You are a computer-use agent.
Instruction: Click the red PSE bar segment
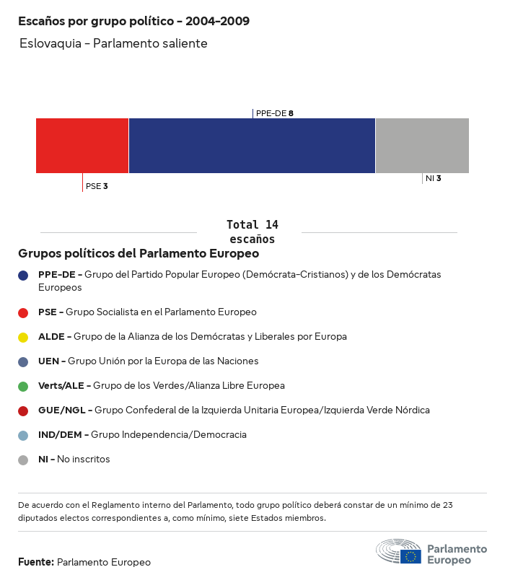tap(82, 146)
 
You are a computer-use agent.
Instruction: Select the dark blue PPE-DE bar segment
tap(252, 146)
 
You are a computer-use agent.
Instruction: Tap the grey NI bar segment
tap(422, 146)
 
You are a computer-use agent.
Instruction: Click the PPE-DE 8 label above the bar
tap(274, 113)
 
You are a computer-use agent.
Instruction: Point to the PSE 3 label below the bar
tap(97, 186)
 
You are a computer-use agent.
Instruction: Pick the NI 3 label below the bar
tap(433, 178)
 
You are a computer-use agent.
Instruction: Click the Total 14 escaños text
tap(252, 232)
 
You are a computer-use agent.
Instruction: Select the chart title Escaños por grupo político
tap(134, 22)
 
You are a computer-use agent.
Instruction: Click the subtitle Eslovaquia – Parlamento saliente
tap(114, 44)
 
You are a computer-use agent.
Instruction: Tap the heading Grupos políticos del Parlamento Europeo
tap(139, 254)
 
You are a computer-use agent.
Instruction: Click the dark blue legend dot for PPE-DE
tap(23, 275)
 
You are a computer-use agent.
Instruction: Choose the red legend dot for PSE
tap(23, 312)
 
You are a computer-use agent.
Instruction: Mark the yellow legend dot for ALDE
tap(23, 337)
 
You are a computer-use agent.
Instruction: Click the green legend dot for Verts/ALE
tap(23, 386)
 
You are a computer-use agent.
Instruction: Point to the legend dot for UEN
tap(23, 361)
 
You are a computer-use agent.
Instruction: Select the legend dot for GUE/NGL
tap(23, 410)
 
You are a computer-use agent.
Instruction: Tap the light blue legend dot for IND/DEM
tap(23, 435)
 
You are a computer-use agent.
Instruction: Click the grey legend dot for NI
tap(23, 460)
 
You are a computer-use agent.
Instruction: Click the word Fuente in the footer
tap(35, 562)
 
